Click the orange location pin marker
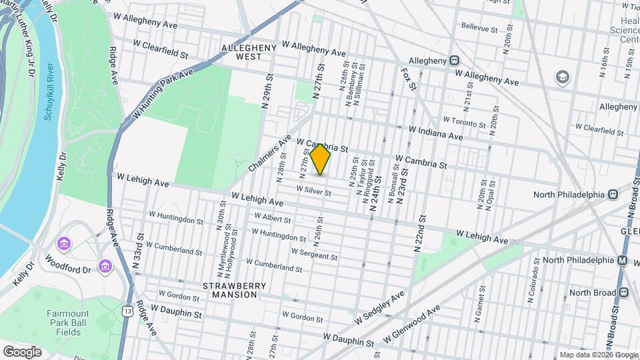[x=320, y=159]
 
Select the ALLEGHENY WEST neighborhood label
[x=248, y=53]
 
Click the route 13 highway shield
[x=127, y=311]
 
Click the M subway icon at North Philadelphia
[x=622, y=260]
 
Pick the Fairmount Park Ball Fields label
[x=73, y=325]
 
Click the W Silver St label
[x=313, y=190]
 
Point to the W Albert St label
[x=271, y=219]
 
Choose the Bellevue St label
[x=480, y=29]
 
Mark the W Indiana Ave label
[x=436, y=133]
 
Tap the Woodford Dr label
[x=67, y=261]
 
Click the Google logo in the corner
[x=22, y=351]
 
